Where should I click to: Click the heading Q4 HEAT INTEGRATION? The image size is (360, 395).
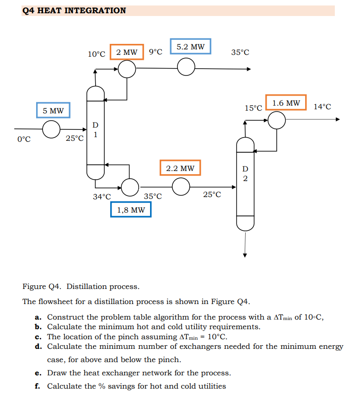pyautogui.click(x=74, y=11)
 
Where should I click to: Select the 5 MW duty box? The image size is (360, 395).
pyautogui.click(x=54, y=111)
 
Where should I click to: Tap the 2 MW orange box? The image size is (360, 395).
pyautogui.click(x=127, y=52)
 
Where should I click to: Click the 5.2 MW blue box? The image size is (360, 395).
pyautogui.click(x=190, y=47)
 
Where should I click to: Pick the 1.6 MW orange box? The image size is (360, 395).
pyautogui.click(x=286, y=103)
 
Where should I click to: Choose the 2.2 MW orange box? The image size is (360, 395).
pyautogui.click(x=180, y=168)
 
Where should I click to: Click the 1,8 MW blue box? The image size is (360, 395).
pyautogui.click(x=131, y=210)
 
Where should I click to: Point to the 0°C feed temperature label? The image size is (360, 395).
pyautogui.click(x=24, y=139)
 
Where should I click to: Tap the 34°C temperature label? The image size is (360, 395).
pyautogui.click(x=102, y=197)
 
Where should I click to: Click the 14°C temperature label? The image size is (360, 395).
pyautogui.click(x=322, y=107)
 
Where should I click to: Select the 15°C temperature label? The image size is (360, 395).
pyautogui.click(x=253, y=108)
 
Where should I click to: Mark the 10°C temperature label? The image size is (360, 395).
pyautogui.click(x=97, y=54)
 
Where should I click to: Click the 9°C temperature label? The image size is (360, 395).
pyautogui.click(x=156, y=52)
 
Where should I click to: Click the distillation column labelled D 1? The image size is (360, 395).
pyautogui.click(x=96, y=133)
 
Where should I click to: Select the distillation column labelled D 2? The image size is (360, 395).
pyautogui.click(x=245, y=183)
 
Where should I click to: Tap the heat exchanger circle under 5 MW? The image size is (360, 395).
pyautogui.click(x=51, y=129)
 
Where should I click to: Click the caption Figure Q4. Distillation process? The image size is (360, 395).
pyautogui.click(x=81, y=287)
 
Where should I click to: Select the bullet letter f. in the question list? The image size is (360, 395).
pyautogui.click(x=38, y=386)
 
